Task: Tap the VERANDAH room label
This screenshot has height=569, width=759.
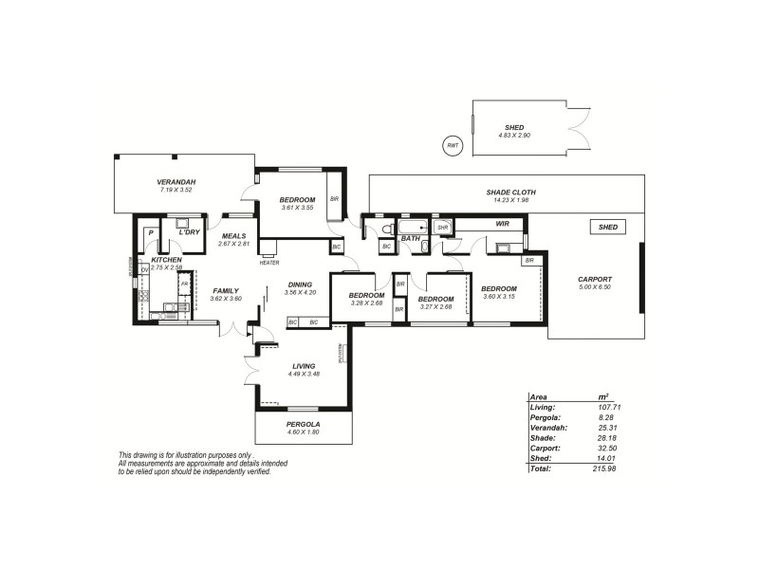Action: (176, 182)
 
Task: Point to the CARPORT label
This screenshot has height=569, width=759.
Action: (595, 279)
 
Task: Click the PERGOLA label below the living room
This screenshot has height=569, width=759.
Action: (304, 424)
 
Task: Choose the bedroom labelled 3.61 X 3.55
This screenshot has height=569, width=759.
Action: (297, 200)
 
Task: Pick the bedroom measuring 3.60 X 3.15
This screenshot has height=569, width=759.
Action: (498, 288)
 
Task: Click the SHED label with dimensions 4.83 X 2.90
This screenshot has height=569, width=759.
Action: (514, 127)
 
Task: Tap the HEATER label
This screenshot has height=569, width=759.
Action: (268, 262)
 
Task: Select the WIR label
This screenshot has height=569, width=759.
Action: (503, 224)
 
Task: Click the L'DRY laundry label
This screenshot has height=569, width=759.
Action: (189, 231)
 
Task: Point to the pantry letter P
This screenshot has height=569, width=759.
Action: (150, 231)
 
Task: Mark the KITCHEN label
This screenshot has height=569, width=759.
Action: (166, 260)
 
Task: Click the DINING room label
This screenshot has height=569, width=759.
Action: (301, 284)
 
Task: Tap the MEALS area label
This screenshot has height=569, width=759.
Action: (233, 236)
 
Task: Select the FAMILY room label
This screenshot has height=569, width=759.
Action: (225, 291)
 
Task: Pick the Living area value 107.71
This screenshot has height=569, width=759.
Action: (609, 407)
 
